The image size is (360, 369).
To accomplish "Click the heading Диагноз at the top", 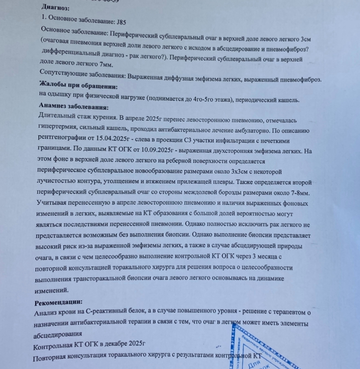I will [56, 8].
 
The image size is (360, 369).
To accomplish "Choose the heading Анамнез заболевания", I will [74, 107].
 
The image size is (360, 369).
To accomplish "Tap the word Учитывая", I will [54, 204].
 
